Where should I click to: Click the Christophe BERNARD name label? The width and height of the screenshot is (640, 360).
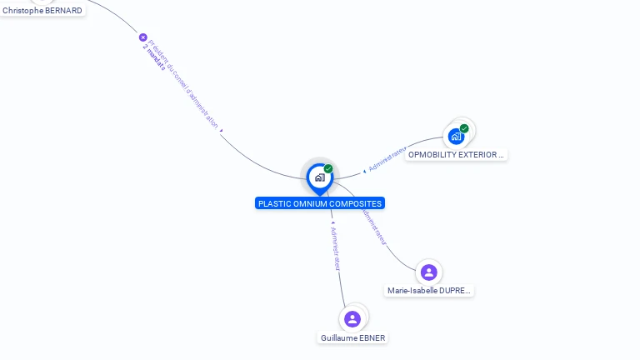tap(42, 10)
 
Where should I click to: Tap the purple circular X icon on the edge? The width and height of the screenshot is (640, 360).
tap(142, 37)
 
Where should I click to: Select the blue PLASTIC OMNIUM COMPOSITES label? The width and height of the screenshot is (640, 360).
tap(320, 203)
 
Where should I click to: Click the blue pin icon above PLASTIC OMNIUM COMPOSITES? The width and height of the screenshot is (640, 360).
tap(319, 177)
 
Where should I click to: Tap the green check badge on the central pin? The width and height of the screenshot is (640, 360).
tap(328, 169)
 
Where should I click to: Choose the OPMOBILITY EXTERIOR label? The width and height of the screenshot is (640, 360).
tap(456, 155)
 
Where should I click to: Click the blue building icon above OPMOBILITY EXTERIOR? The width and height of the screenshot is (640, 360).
tap(456, 136)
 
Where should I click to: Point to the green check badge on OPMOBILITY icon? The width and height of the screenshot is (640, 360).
tap(464, 128)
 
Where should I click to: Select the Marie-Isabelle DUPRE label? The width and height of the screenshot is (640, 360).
tap(429, 291)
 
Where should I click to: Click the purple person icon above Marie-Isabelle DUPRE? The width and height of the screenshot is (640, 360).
tap(429, 272)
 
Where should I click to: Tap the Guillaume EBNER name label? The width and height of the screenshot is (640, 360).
tap(353, 338)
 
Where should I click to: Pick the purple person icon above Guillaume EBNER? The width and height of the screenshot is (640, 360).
tap(352, 318)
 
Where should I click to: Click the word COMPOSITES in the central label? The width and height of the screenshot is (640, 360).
tap(357, 203)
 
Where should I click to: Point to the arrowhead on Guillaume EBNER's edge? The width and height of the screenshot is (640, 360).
tap(332, 223)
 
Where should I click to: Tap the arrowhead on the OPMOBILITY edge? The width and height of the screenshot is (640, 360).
tap(364, 171)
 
